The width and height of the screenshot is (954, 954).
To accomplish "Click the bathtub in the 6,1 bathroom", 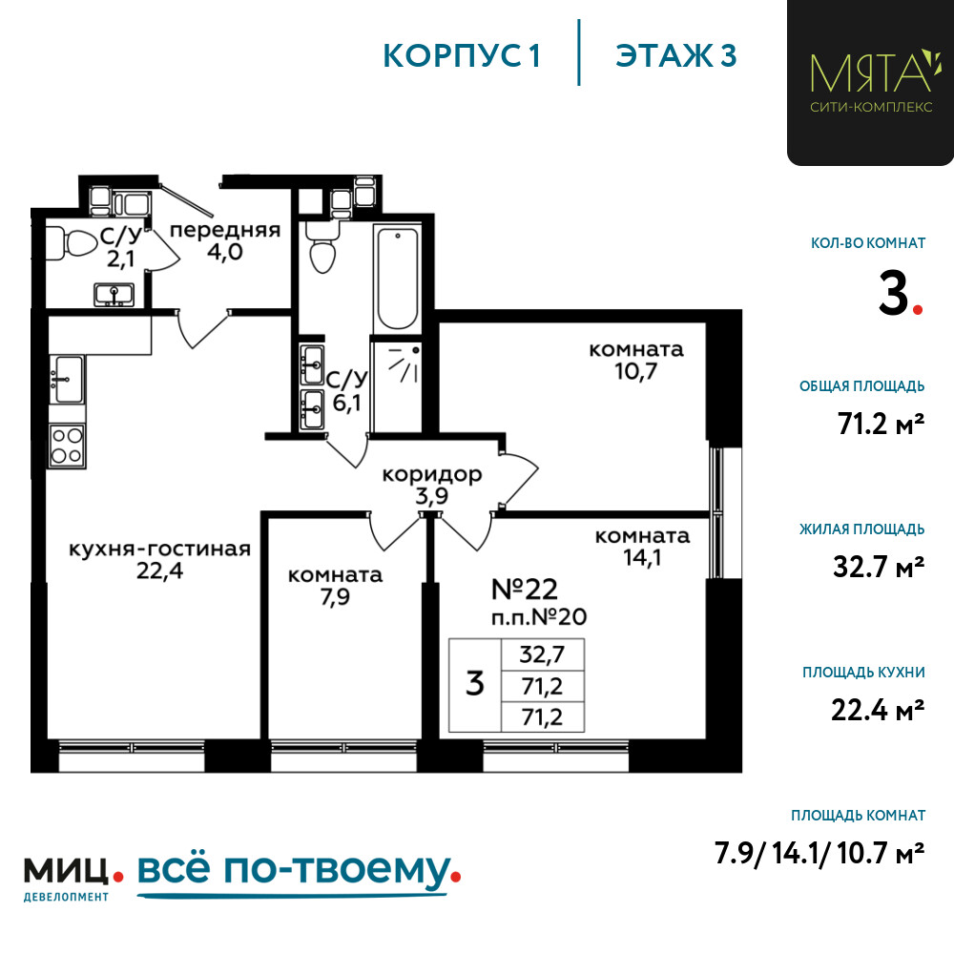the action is (x=398, y=278).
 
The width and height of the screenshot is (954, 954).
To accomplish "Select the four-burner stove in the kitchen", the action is (x=67, y=446).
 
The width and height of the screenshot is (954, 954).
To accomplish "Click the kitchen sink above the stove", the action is (x=67, y=379).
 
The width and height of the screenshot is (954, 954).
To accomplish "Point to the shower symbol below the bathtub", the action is (x=404, y=364).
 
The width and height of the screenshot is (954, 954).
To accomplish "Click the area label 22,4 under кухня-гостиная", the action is (x=159, y=571).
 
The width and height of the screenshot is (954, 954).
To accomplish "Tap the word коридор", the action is (x=432, y=474).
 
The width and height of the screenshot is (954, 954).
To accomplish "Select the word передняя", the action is (x=225, y=230).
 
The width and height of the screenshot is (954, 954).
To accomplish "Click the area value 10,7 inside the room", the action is (x=635, y=370).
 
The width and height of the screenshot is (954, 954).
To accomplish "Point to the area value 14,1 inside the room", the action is (x=642, y=557).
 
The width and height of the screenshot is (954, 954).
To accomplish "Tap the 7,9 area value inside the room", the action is (x=335, y=597).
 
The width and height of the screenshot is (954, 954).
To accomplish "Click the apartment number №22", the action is (x=525, y=589).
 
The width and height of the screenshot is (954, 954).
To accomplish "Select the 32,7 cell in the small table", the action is (x=542, y=654).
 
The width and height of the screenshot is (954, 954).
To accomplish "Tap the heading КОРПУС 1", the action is (x=462, y=56).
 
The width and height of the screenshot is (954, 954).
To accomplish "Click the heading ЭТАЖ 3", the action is (x=676, y=56).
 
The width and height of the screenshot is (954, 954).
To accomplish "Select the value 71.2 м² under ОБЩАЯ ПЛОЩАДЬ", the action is (x=881, y=424).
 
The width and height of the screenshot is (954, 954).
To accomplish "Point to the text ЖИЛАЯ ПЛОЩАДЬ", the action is (x=862, y=529).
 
